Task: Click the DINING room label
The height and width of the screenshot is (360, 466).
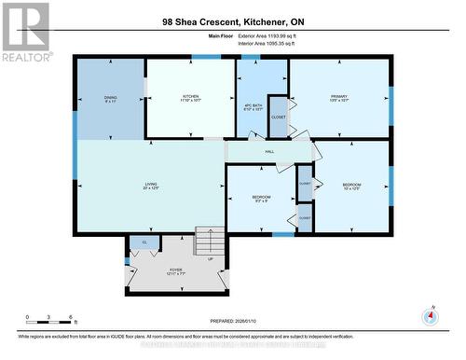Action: coord(110,97)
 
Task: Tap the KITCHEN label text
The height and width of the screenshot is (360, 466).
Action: coord(190,96)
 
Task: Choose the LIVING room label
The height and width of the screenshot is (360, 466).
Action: coord(150,184)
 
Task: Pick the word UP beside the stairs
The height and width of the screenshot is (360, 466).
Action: coord(211,259)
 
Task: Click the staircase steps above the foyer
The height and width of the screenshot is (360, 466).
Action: coord(207,241)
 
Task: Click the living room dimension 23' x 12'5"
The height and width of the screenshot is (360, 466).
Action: coord(150,188)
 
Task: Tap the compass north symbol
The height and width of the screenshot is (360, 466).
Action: coord(430,315)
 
